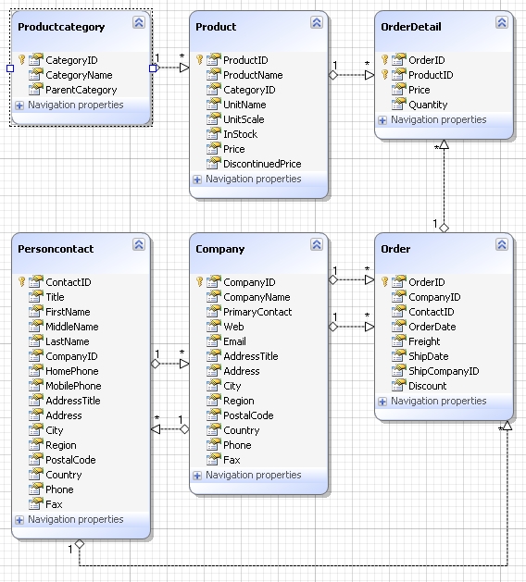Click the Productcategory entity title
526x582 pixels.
pyautogui.click(x=61, y=27)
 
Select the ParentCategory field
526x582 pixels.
pyautogui.click(x=81, y=90)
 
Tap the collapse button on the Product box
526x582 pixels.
pyautogui.click(x=317, y=22)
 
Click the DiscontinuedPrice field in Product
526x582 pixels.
pyautogui.click(x=262, y=164)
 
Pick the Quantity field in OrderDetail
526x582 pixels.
pyautogui.click(x=428, y=105)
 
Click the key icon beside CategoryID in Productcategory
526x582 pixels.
pyautogui.click(x=21, y=60)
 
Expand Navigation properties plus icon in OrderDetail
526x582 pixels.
pyautogui.click(x=382, y=120)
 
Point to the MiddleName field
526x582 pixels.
pyautogui.click(x=72, y=327)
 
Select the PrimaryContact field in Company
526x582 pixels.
pyautogui.click(x=257, y=312)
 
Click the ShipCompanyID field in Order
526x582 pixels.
pyautogui.click(x=444, y=371)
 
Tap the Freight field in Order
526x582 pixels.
pyautogui.click(x=424, y=341)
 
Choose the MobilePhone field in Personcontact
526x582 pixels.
pyautogui.click(x=73, y=386)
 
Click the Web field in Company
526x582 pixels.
pyautogui.click(x=233, y=327)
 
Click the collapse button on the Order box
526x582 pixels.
pyautogui.click(x=502, y=244)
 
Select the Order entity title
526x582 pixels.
pyautogui.click(x=395, y=249)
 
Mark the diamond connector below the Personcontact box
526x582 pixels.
pyautogui.click(x=80, y=544)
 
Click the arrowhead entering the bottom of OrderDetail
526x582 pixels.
pyautogui.click(x=444, y=144)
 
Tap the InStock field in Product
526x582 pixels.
pyautogui.click(x=240, y=134)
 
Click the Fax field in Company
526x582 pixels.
pyautogui.click(x=232, y=460)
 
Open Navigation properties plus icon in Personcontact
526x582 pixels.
pyautogui.click(x=19, y=520)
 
